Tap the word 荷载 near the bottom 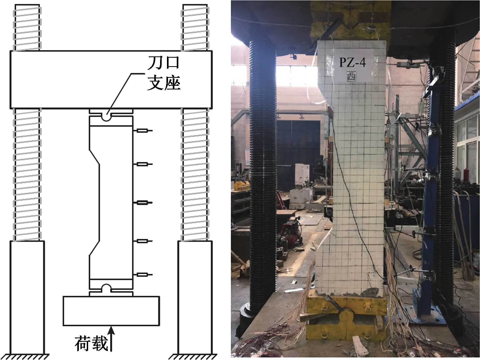92,343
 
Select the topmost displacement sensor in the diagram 143,130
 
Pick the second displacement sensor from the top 143,164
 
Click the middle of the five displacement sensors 143,203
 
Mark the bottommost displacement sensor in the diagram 143,275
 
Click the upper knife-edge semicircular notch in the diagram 106,117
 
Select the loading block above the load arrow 111,311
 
